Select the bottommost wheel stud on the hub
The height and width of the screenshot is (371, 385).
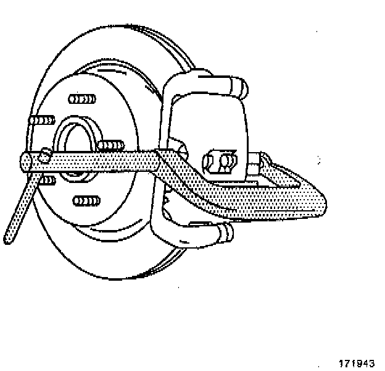(86, 201)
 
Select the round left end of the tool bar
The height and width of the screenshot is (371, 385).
(26, 162)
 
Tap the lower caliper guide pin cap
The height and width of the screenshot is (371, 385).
(227, 234)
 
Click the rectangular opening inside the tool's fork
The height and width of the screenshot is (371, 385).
(247, 185)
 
